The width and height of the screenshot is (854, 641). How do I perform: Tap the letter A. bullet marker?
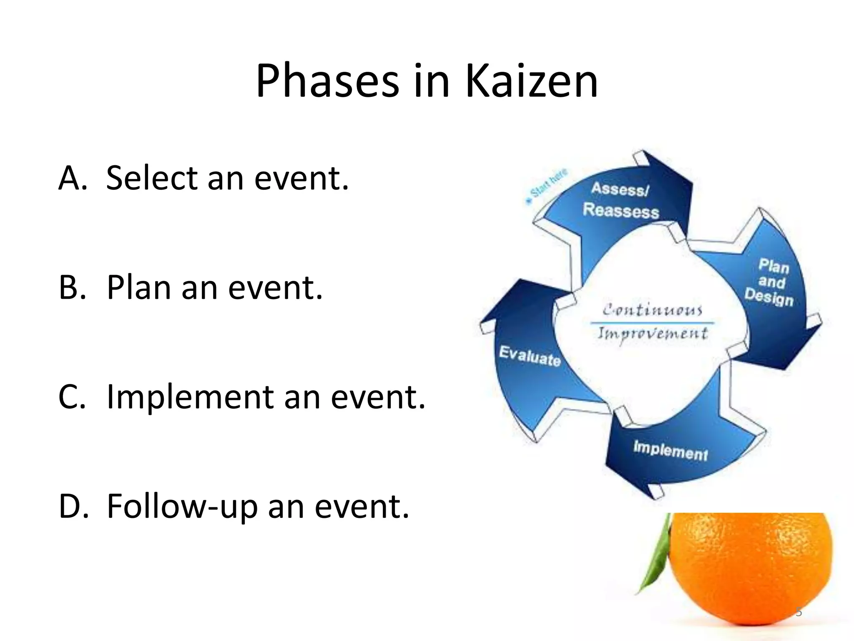73,178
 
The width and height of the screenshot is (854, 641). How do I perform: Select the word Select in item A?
152,178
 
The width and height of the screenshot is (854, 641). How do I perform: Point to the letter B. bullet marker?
72,288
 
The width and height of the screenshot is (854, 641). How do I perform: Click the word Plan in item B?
139,288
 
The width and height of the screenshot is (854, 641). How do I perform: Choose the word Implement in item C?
190,397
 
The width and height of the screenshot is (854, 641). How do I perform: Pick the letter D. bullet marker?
73,506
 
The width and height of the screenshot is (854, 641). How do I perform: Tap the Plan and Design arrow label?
771,282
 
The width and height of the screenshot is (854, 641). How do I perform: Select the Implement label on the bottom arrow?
670,451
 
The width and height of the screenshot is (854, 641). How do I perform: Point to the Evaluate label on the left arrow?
530,356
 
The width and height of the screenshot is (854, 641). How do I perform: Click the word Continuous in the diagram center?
652,310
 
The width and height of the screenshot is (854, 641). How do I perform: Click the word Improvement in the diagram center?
653,334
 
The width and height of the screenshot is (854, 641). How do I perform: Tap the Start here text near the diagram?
548,184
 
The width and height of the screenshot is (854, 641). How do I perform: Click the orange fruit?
751,568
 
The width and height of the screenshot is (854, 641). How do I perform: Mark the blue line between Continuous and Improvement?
652,323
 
